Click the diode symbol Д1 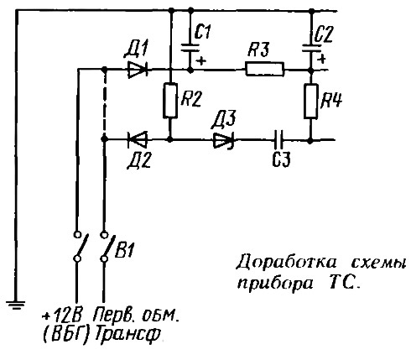click(138, 70)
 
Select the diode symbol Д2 click(138, 139)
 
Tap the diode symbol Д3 click(224, 140)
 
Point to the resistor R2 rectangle click(170, 100)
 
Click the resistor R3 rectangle click(265, 69)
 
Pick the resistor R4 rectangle click(311, 101)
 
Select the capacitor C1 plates click(190, 48)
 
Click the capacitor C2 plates click(311, 48)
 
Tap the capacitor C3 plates click(278, 139)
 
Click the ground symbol click(16, 305)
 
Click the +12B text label click(62, 316)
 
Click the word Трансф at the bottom click(128, 334)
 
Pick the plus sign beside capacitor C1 click(200, 60)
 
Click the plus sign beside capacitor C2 click(322, 59)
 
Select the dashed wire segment click(104, 104)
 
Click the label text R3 click(258, 50)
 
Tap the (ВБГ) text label click(66, 334)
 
